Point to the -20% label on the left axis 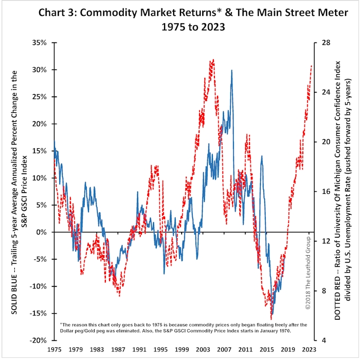point(41,340)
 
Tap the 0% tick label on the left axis point(44,232)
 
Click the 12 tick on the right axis point(321,241)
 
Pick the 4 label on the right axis point(319,340)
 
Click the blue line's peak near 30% point(231,70)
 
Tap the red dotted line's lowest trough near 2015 point(271,319)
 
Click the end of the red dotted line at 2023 point(311,65)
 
